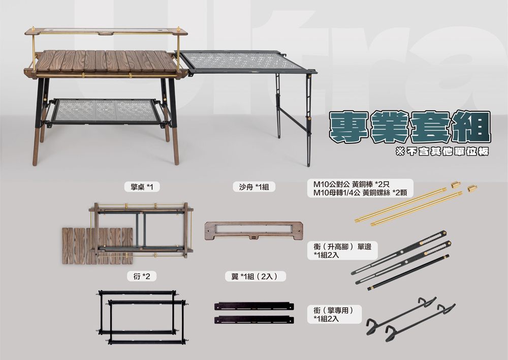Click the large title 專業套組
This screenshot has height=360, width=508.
coord(409,127)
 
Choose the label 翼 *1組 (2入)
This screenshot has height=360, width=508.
coord(256,276)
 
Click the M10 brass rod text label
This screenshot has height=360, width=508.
coord(363,188)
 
